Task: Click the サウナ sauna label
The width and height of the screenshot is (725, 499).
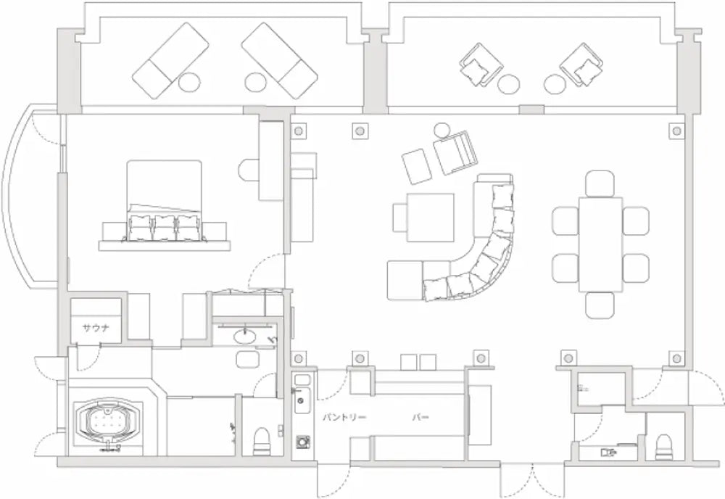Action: pos(96,329)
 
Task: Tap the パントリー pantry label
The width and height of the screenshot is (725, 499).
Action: pos(344,418)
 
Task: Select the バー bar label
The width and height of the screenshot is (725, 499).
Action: pos(420,418)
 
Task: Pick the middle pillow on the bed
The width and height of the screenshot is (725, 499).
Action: pos(164,226)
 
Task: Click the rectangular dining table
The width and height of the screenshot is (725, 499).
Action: pos(600,244)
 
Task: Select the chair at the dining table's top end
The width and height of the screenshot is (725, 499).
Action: pos(600,183)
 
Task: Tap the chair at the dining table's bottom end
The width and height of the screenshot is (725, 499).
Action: pos(600,305)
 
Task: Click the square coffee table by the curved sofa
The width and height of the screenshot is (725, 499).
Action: pos(430,217)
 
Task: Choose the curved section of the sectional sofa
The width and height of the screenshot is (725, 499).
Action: pos(486,268)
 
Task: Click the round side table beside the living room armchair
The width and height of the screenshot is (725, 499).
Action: pos(442,130)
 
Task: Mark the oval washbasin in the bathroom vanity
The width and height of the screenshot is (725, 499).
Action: pos(244,336)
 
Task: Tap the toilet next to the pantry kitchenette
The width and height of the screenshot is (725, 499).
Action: pos(261,442)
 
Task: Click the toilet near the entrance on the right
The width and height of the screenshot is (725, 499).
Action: pos(663,448)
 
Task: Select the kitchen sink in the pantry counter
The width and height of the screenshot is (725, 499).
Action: pos(302,400)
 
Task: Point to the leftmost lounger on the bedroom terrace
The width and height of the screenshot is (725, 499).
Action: pos(170,61)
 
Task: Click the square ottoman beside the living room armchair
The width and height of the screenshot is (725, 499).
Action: pos(417,166)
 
